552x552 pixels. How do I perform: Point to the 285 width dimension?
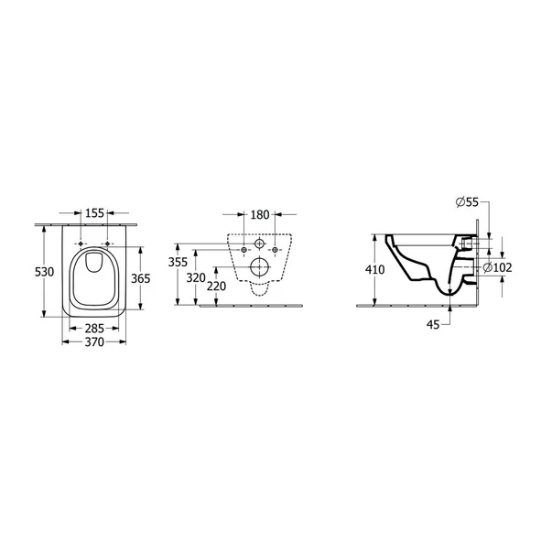coord(95,327)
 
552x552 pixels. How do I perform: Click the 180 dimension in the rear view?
coord(259,216)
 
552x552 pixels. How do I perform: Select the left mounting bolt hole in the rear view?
coord(243,250)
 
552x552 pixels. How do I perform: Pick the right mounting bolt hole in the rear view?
coord(276,250)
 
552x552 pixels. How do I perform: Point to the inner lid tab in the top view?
coord(95,266)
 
